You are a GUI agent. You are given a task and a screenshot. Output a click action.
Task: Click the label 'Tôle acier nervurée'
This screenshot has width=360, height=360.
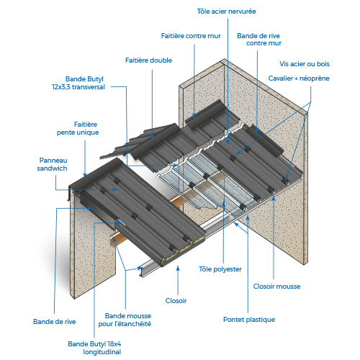pyautogui.click(x=226, y=12)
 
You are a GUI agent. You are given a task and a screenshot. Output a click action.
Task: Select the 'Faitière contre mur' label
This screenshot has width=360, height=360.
pyautogui.click(x=191, y=36)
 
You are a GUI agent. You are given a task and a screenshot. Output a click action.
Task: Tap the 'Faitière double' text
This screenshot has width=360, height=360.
pyautogui.click(x=148, y=60)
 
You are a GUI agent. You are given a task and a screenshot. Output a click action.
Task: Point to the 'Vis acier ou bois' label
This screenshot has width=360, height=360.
pyautogui.click(x=305, y=64)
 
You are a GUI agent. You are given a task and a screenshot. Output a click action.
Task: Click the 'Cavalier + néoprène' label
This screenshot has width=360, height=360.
pyautogui.click(x=299, y=78)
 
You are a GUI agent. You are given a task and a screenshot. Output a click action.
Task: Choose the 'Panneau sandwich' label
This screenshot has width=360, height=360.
pyautogui.click(x=53, y=164)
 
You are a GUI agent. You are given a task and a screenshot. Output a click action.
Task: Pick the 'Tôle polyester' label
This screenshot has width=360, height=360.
pyautogui.click(x=220, y=269)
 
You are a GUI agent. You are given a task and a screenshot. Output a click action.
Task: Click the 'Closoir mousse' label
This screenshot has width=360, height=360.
pyautogui.click(x=276, y=287)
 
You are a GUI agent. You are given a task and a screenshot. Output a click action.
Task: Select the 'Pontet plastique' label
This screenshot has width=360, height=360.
pyautogui.click(x=249, y=320)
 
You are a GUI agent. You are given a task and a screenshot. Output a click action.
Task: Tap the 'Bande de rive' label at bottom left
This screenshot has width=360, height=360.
pyautogui.click(x=55, y=322)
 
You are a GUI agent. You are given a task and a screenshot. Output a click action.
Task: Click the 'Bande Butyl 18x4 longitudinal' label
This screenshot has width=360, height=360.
pyautogui.click(x=94, y=348)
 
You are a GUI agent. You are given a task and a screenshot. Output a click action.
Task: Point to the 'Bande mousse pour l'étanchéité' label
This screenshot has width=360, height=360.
pyautogui.click(x=125, y=320)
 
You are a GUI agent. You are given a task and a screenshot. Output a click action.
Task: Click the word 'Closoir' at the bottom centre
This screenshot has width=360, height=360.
pyautogui.click(x=176, y=301)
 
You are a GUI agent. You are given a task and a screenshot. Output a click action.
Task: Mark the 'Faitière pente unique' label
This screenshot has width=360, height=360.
pyautogui.click(x=78, y=128)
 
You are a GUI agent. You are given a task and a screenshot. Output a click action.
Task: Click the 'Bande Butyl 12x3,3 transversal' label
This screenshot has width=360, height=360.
pyautogui.click(x=78, y=83)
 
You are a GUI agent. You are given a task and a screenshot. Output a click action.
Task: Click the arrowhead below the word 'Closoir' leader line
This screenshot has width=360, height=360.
pyautogui.click(x=178, y=268)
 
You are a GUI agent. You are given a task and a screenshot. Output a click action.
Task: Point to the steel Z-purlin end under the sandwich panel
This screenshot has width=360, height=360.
pyautogui.click(x=143, y=271)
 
